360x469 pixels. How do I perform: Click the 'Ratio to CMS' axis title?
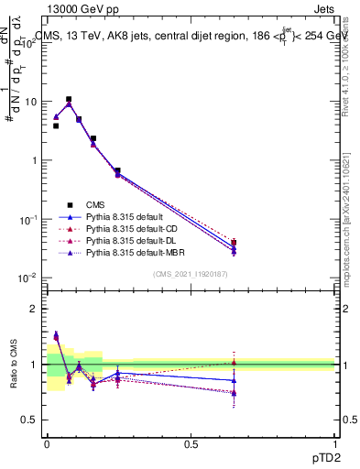click(12, 365)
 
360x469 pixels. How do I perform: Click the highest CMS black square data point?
click(68, 99)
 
